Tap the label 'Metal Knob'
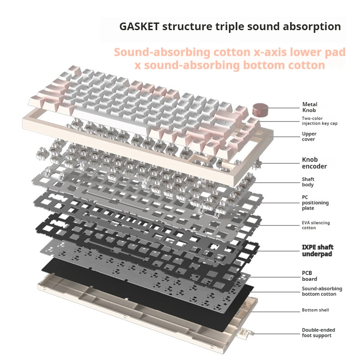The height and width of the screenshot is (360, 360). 310,108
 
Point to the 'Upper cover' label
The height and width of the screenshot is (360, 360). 309,136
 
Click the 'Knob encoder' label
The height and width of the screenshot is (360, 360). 314,163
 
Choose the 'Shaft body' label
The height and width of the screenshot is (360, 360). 308,182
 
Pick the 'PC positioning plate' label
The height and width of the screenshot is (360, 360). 315,202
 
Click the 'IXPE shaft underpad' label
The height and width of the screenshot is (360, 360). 317,251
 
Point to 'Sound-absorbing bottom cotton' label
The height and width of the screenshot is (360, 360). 322,291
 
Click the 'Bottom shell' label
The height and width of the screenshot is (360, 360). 315,310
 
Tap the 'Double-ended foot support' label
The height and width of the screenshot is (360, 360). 318,333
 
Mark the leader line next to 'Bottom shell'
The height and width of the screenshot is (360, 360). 277,310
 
